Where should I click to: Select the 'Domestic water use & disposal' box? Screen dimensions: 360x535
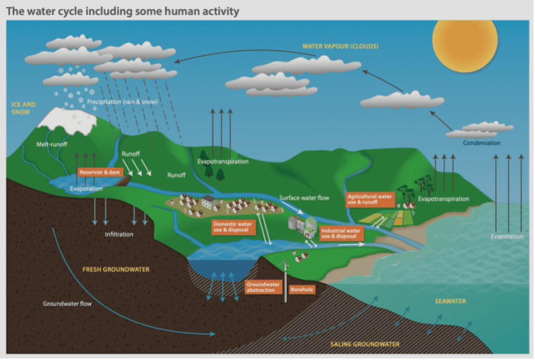pos(233,227)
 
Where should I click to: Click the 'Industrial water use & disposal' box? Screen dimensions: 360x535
pos(341,233)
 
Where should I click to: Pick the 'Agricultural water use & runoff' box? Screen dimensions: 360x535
pos(369,199)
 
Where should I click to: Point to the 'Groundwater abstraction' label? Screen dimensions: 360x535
pos(263,287)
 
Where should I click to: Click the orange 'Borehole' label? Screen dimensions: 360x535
pos(302,290)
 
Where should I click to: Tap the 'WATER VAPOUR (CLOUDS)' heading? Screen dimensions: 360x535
pos(340,46)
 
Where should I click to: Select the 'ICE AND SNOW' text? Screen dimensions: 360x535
pos(23,107)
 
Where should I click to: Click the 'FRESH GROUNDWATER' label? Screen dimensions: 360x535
pos(115,270)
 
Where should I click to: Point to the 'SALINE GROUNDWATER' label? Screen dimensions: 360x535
pos(365,344)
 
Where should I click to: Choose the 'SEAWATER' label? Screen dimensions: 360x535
pos(449,301)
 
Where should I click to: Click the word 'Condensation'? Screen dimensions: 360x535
pos(482,143)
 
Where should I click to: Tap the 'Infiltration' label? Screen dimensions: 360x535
pos(119,234)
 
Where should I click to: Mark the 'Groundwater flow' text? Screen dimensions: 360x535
pos(67,303)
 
